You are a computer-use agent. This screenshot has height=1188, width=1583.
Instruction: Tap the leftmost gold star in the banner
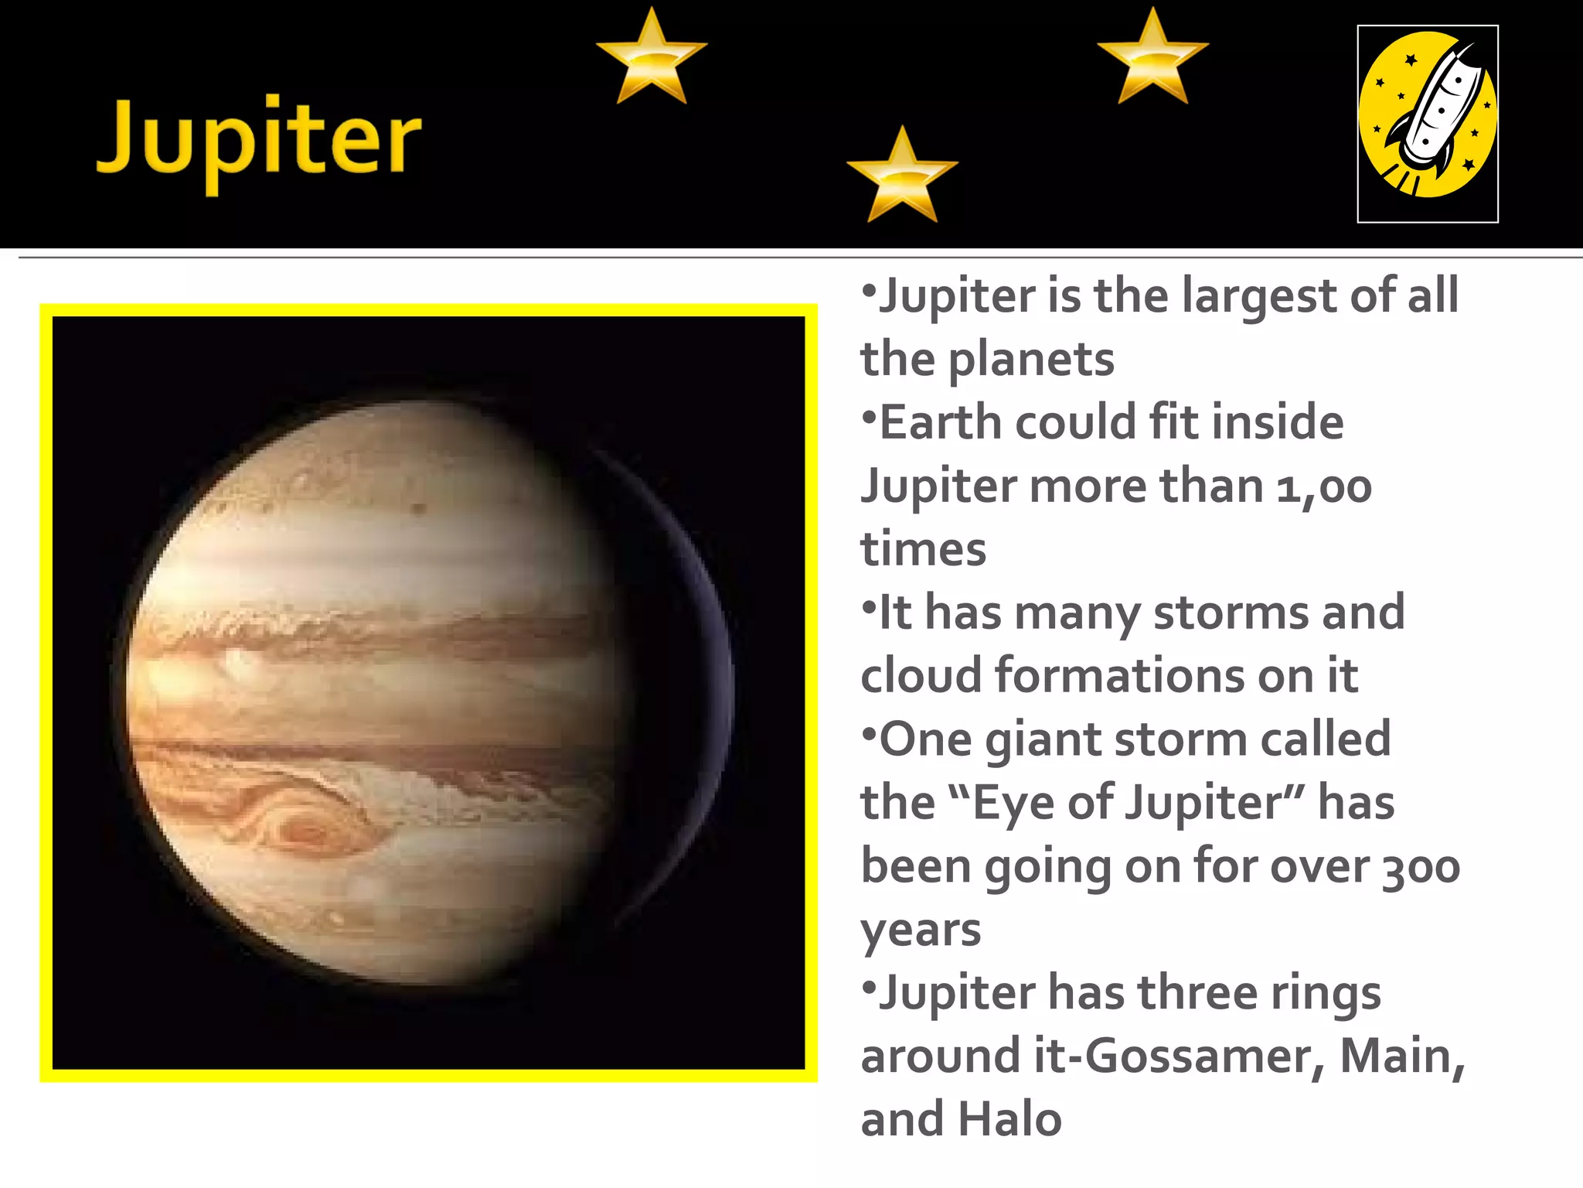pos(652,59)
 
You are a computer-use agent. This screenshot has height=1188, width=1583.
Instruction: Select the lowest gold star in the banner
pos(902,177)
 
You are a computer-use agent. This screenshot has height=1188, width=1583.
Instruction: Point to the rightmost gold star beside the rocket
pos(1152,59)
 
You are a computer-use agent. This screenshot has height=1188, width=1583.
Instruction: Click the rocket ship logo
pos(1428,124)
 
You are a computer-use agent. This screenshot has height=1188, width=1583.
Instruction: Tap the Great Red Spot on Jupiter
pos(309,831)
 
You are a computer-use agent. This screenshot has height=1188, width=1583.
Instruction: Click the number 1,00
pos(1323,487)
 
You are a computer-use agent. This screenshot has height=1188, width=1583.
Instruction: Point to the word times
pos(924,550)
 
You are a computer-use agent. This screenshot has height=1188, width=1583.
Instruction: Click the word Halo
pos(1009,1120)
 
